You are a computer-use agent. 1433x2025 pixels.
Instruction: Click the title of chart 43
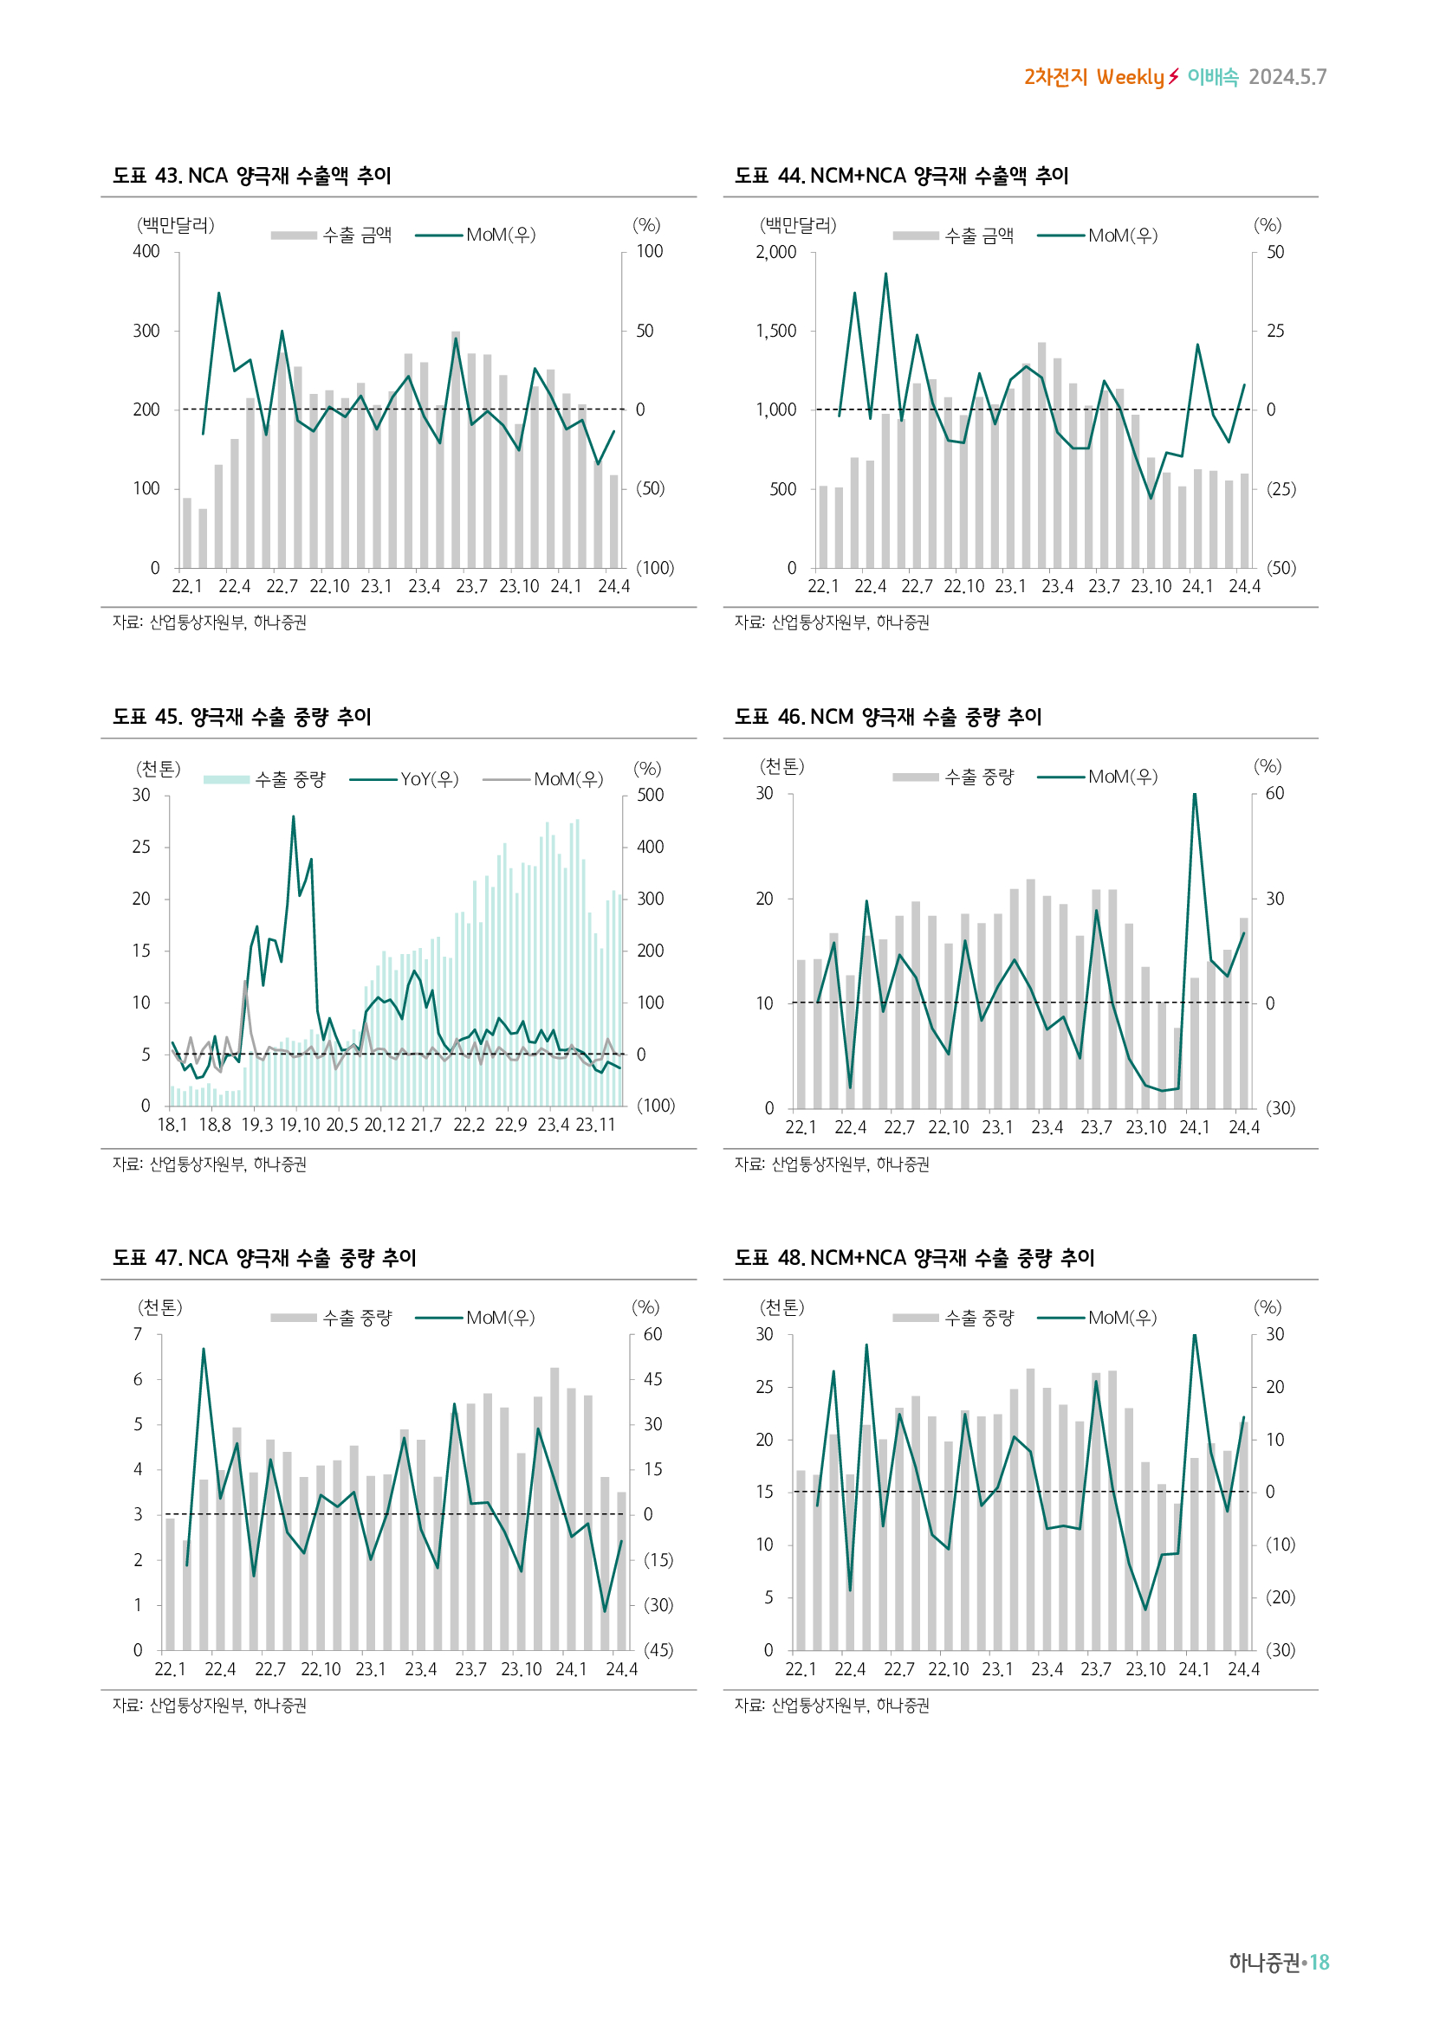[251, 176]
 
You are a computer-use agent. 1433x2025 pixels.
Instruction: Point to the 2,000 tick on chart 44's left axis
[775, 252]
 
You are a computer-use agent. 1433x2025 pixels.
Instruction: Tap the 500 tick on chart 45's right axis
[651, 795]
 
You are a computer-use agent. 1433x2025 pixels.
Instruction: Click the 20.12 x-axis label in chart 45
[384, 1125]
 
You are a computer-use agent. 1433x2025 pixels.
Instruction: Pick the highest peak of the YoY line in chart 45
[293, 817]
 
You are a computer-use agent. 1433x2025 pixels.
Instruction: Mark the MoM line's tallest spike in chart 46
[1194, 795]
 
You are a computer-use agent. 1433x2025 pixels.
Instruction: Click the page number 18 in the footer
[1320, 1962]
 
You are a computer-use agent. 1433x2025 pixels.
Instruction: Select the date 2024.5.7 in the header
[1287, 78]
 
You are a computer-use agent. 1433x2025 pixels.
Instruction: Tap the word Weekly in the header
[1131, 78]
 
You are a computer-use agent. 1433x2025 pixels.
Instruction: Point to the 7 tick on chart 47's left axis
[138, 1334]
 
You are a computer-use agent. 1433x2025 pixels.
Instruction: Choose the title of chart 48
[914, 1258]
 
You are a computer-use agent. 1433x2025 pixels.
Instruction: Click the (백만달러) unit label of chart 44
[798, 225]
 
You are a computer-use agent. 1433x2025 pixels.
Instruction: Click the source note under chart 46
[831, 1164]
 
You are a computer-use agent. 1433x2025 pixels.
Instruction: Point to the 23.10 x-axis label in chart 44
[1151, 586]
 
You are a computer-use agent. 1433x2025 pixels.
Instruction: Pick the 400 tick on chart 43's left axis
[146, 251]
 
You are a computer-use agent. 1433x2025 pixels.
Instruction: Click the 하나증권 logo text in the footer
[1263, 1962]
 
